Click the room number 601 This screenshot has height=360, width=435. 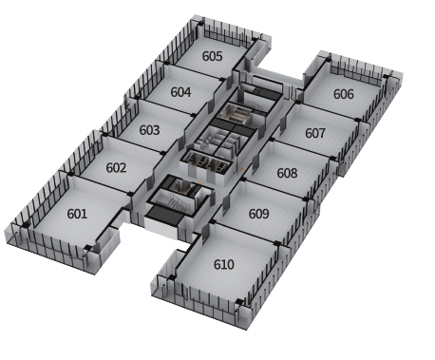click(x=77, y=214)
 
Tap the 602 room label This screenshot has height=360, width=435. click(x=116, y=167)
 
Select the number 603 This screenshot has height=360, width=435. click(x=149, y=130)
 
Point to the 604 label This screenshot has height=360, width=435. click(x=180, y=92)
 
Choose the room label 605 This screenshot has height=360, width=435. click(x=213, y=56)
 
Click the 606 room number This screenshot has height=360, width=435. click(x=344, y=94)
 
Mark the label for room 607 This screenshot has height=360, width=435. click(x=315, y=133)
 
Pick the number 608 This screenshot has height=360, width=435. click(x=287, y=173)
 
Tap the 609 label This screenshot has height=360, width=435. click(x=258, y=214)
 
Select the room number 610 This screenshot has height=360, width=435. click(x=224, y=264)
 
